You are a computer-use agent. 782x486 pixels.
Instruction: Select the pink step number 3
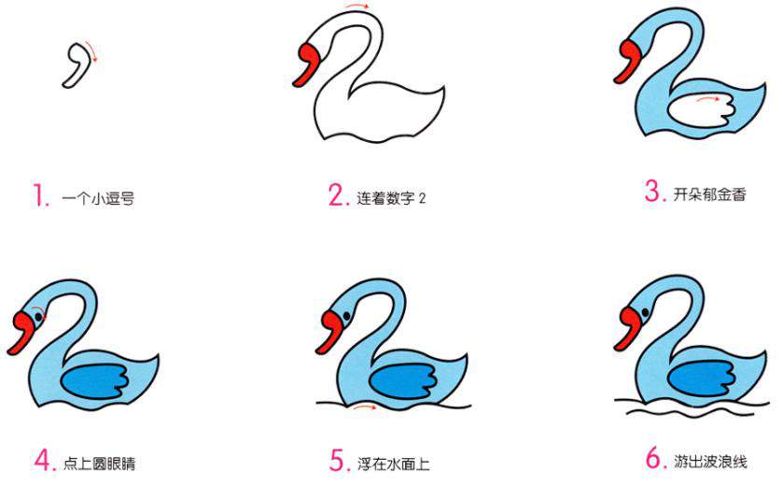tap(653, 193)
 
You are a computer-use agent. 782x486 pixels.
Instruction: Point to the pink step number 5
tap(338, 460)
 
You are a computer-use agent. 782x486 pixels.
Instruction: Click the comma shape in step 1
tap(77, 64)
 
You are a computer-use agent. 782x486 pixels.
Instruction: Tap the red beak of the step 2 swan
tap(308, 64)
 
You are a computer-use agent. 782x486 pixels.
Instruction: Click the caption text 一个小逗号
tap(98, 198)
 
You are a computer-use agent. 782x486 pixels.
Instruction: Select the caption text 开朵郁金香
tap(709, 194)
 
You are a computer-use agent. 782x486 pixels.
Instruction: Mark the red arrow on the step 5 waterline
tap(367, 407)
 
